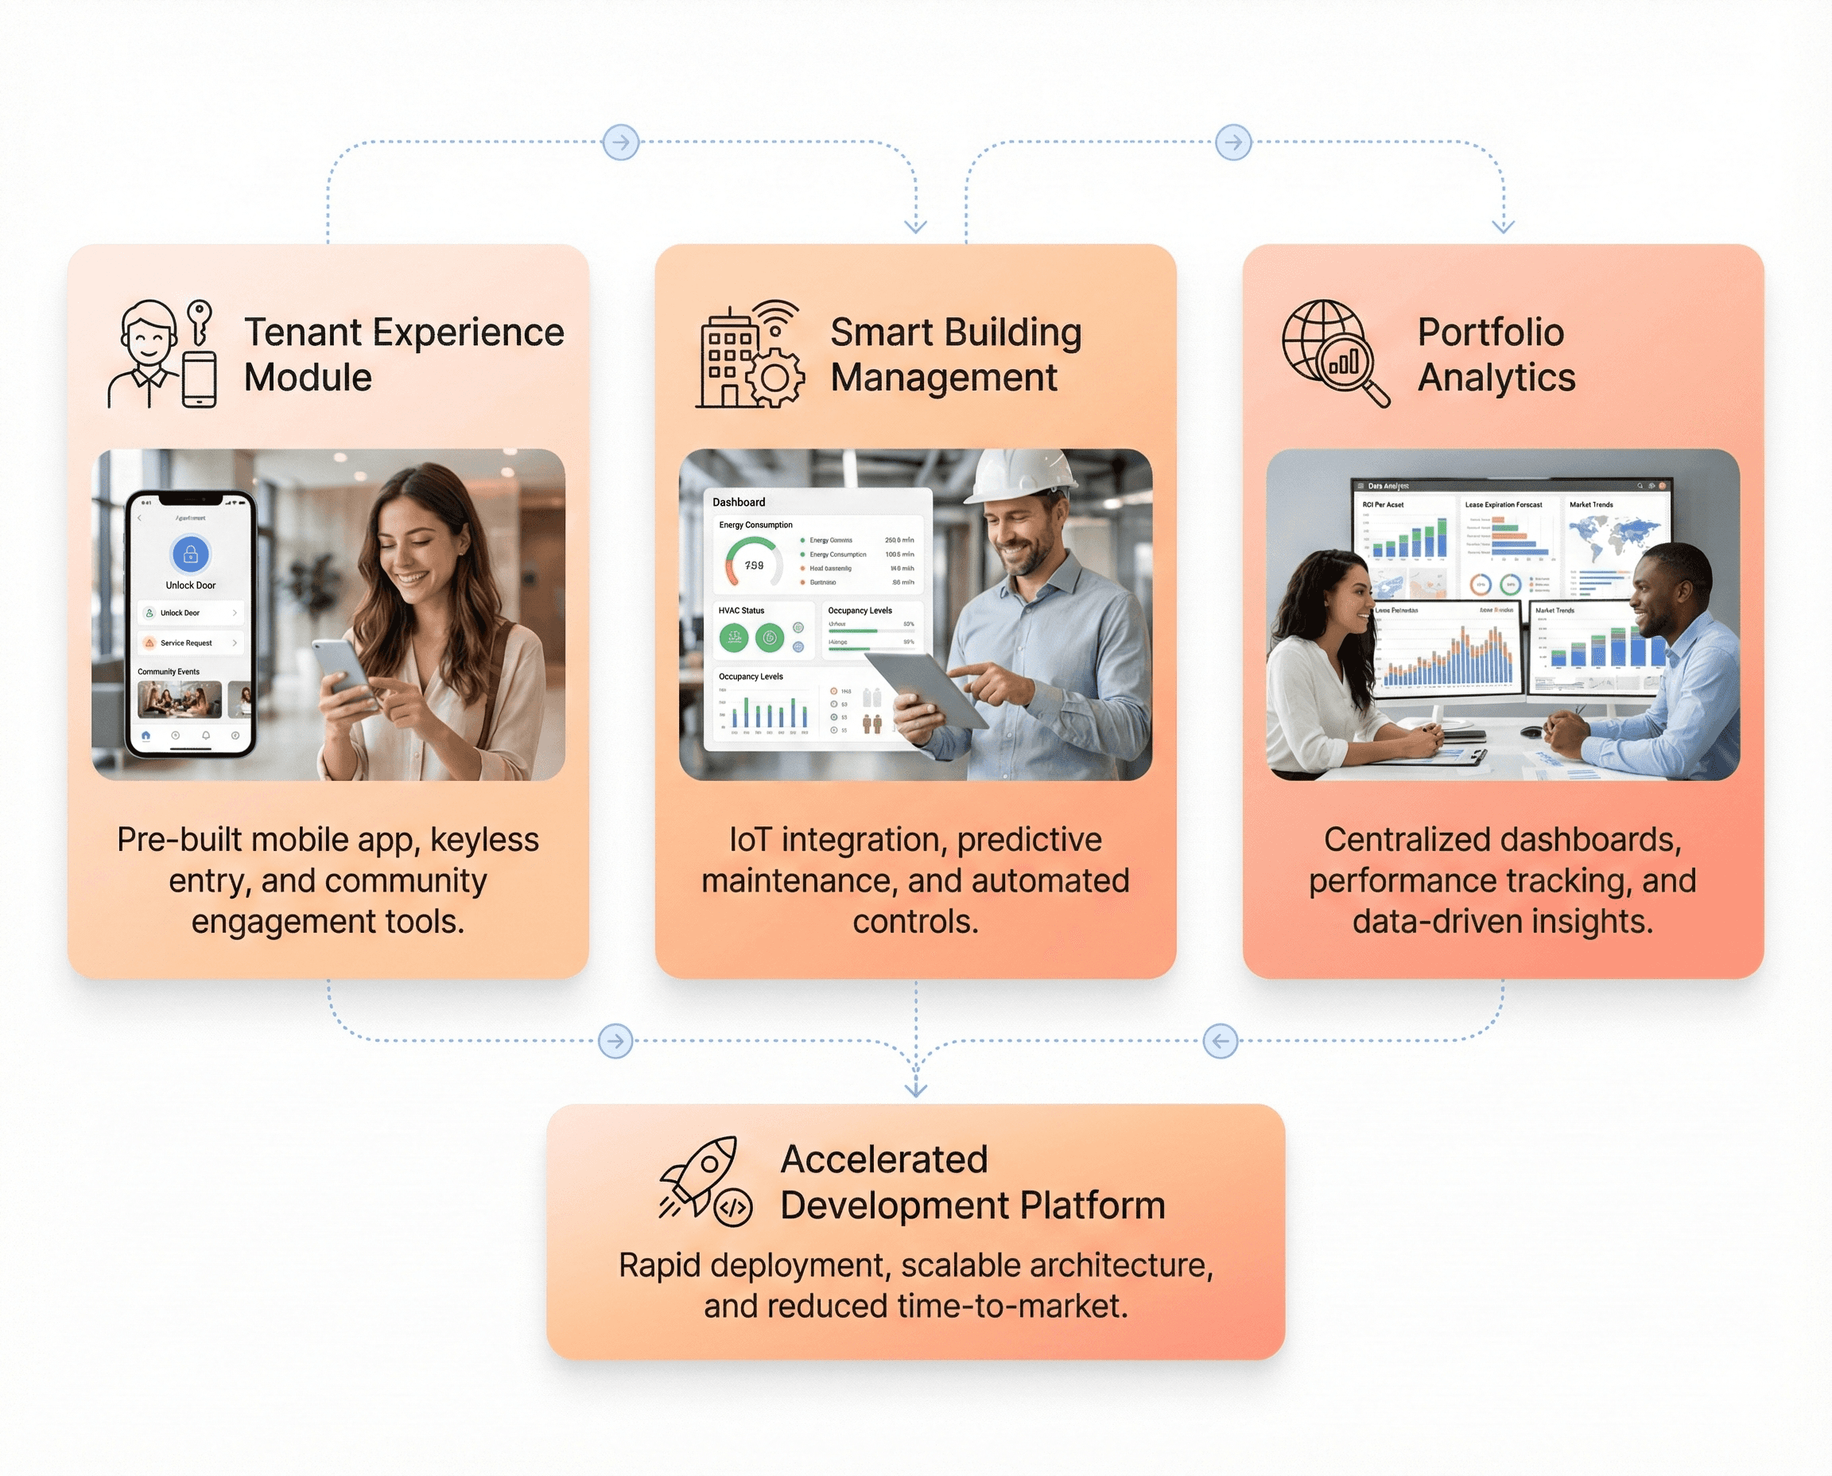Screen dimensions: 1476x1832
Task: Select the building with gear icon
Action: (x=748, y=355)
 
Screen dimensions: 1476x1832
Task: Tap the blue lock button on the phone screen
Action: (x=190, y=554)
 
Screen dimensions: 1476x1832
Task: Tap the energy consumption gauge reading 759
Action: (x=753, y=565)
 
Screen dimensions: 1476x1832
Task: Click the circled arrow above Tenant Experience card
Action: (x=620, y=142)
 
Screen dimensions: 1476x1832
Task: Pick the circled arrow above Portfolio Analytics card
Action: (x=1232, y=142)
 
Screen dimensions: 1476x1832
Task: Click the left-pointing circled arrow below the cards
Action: (x=1220, y=1041)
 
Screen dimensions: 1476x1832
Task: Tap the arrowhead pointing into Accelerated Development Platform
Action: (x=915, y=1088)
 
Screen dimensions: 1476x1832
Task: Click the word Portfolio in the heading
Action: (x=1490, y=332)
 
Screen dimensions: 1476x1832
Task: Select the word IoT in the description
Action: (x=749, y=840)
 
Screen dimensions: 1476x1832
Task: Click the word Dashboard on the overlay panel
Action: (x=739, y=503)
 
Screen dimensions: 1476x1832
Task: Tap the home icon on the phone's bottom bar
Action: (x=146, y=736)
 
